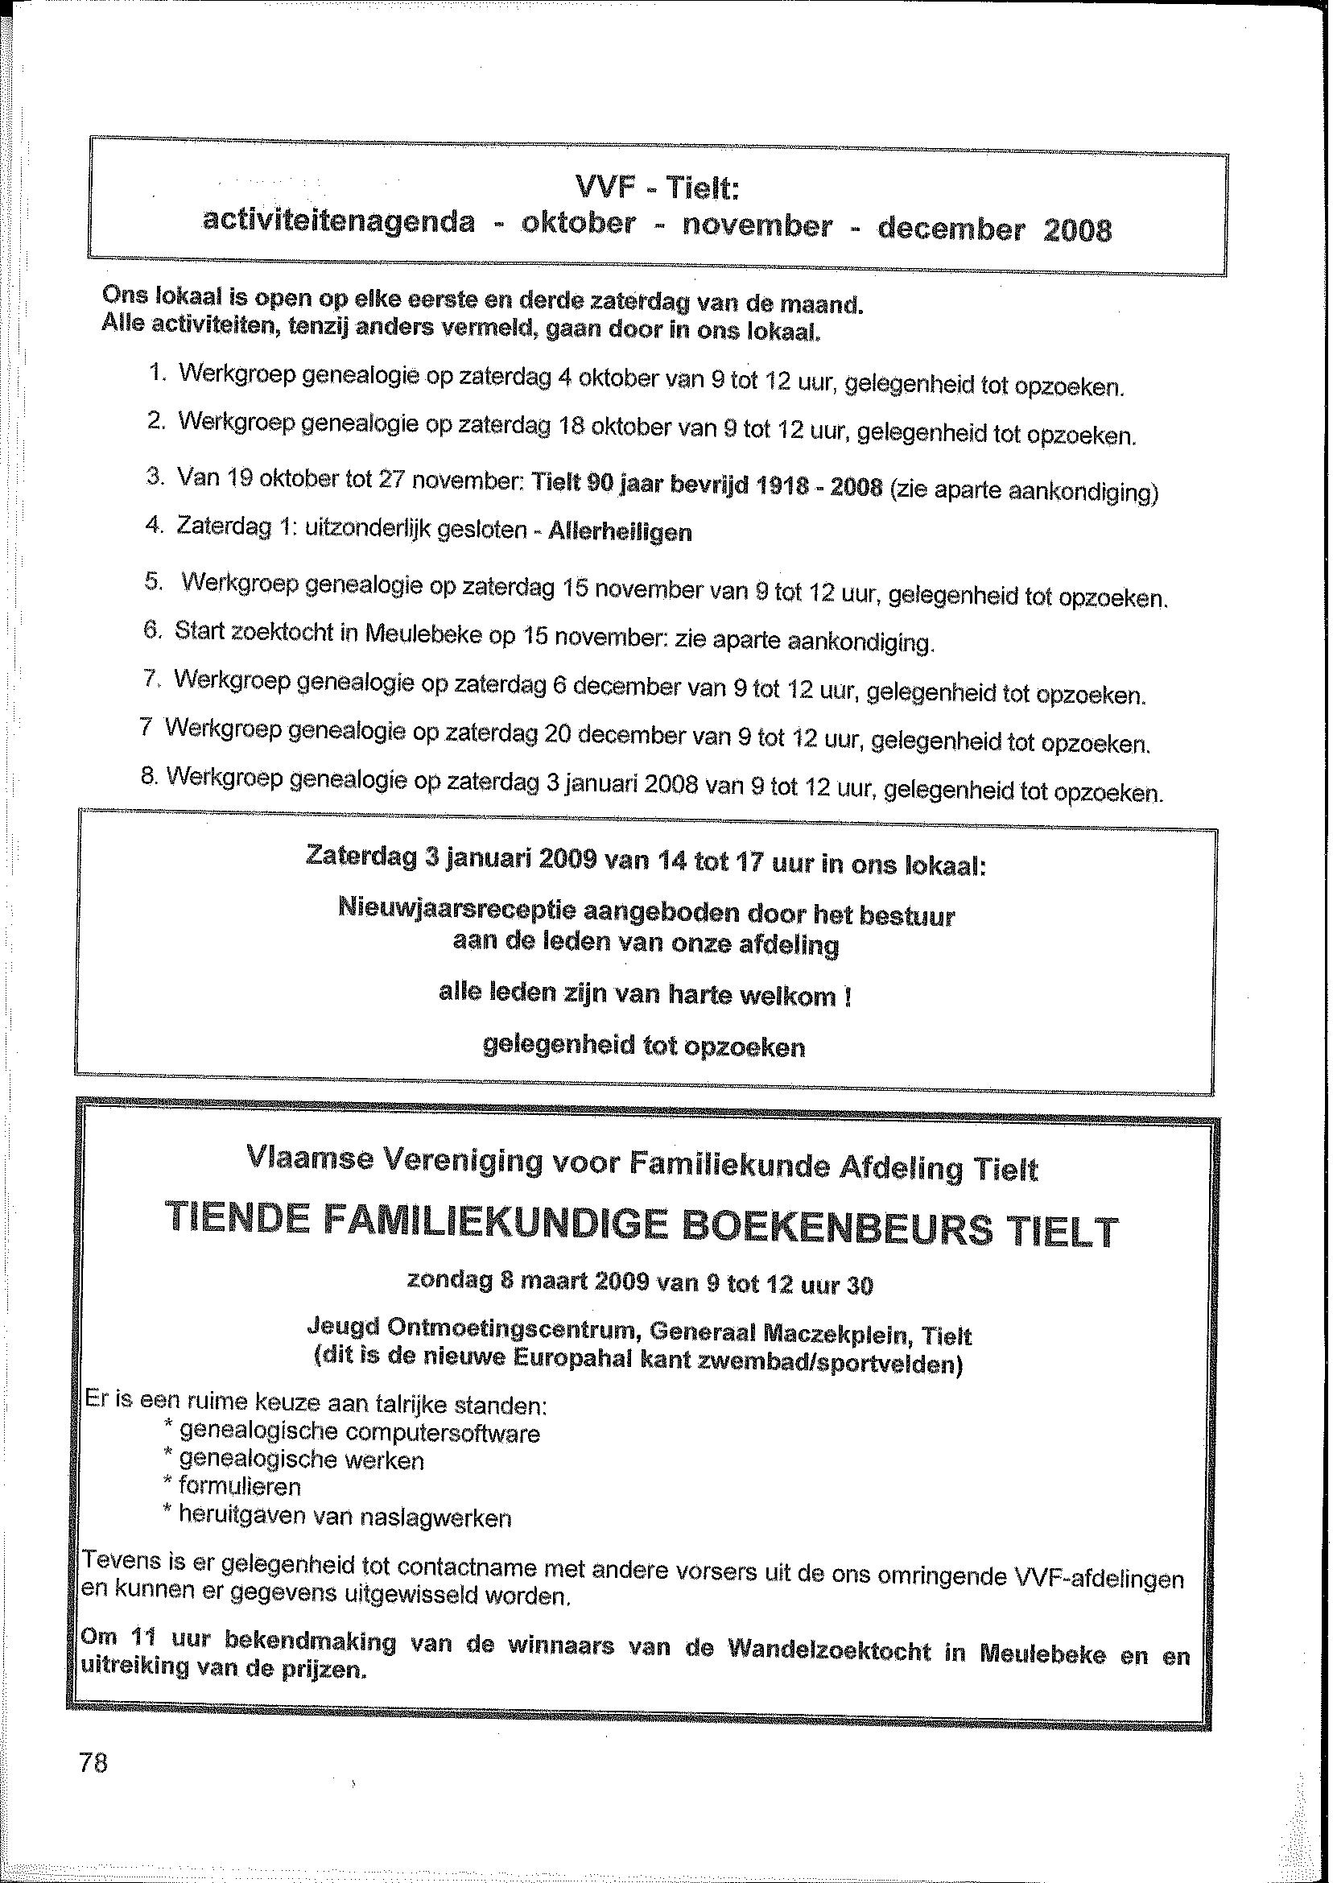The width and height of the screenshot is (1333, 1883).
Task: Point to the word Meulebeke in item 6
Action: (x=422, y=634)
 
